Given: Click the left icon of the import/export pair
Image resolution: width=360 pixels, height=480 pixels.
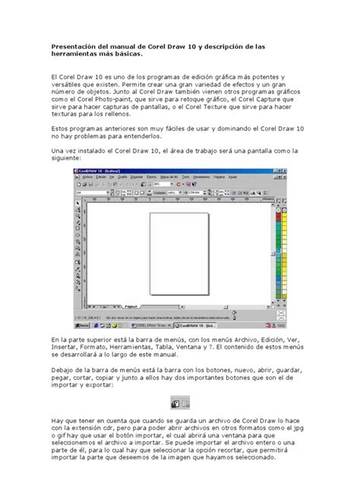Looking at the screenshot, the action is (174, 404).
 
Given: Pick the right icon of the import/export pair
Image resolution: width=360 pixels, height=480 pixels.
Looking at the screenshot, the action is (185, 404).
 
